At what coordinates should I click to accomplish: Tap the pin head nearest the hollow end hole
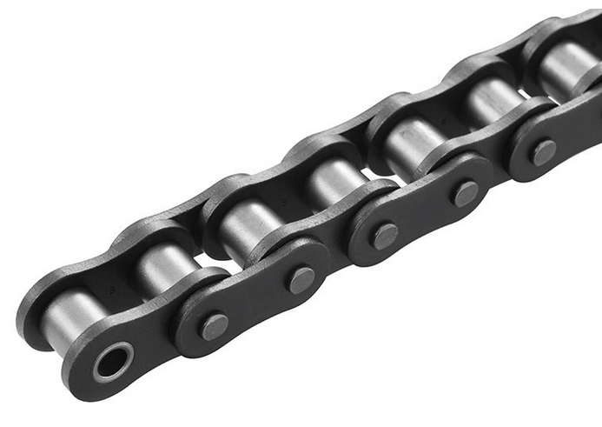point(215,326)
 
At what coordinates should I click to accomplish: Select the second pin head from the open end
point(301,278)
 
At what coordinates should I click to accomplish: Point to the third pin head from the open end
point(384,235)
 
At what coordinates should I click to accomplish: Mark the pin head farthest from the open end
point(543,151)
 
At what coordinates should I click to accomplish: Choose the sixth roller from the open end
point(491,100)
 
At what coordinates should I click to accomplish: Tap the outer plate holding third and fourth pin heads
point(424,213)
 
